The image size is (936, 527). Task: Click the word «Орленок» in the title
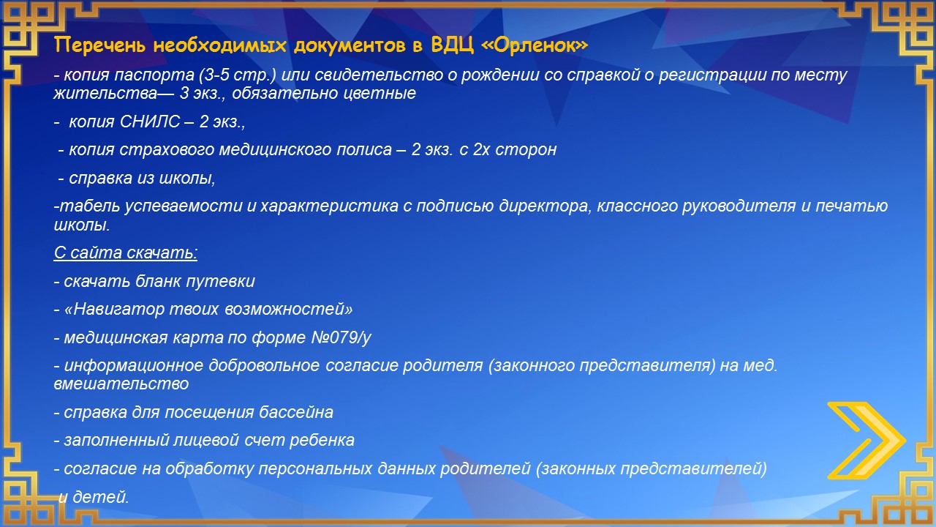535,45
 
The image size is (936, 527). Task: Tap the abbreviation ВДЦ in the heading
453,45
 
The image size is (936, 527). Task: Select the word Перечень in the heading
99,45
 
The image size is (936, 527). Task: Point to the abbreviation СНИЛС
150,122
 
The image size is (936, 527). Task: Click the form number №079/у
341,337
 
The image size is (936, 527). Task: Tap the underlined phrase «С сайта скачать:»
125,253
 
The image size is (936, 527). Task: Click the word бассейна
296,412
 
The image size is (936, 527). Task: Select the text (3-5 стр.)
238,75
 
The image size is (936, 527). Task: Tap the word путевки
220,282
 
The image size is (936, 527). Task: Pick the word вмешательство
121,384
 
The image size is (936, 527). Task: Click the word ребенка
322,440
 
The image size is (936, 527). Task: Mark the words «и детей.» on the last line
94,497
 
